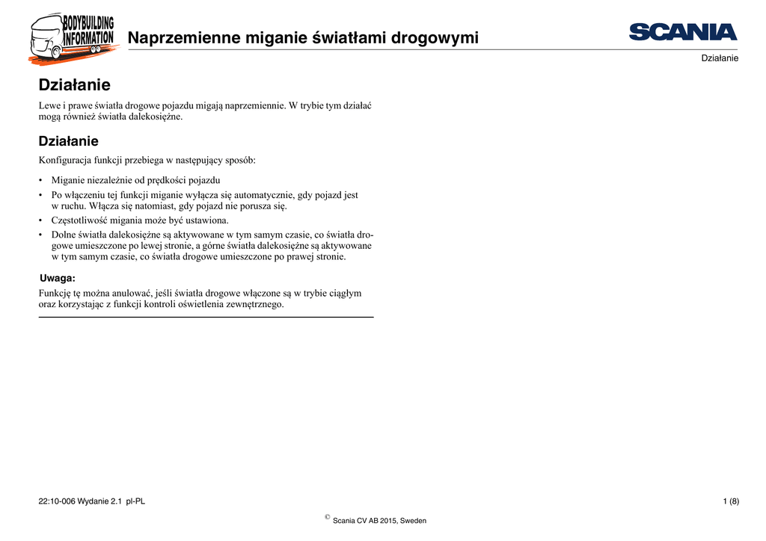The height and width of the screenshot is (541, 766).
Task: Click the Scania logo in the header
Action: point(683,32)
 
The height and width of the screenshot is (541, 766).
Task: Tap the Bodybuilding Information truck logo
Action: point(72,38)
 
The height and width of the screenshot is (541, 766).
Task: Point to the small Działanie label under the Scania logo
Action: point(720,58)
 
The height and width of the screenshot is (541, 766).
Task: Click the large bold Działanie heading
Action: point(74,85)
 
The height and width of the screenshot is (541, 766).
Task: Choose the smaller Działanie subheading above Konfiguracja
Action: point(68,140)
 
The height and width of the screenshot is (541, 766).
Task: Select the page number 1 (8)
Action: point(731,501)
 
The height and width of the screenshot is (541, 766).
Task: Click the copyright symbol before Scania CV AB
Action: point(328,517)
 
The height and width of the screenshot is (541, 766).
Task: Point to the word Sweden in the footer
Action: point(413,521)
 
